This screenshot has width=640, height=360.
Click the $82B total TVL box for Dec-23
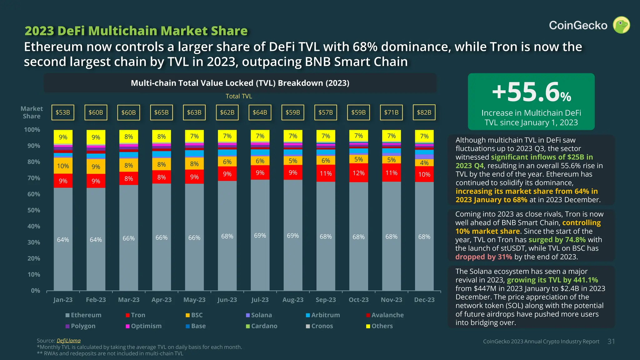[x=424, y=112]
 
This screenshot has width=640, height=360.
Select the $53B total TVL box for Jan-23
[x=63, y=112]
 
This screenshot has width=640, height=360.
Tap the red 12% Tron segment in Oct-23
[x=358, y=173]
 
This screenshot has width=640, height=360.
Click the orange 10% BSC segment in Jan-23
[x=63, y=166]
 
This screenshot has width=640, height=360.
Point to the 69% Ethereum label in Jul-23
[x=260, y=235]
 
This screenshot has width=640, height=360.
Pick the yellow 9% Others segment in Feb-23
[x=96, y=137]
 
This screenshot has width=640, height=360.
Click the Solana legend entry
[x=259, y=315]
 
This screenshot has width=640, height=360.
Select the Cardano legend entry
[x=262, y=326]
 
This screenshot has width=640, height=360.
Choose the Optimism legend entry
[x=144, y=326]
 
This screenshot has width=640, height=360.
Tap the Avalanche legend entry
[x=385, y=315]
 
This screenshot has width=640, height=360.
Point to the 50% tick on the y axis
[x=34, y=210]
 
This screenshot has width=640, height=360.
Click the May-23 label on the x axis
[x=194, y=300]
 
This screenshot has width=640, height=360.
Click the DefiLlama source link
[x=68, y=341]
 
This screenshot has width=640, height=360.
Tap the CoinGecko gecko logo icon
[x=621, y=25]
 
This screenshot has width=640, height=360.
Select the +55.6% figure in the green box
[x=531, y=92]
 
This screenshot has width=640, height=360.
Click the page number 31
[x=611, y=342]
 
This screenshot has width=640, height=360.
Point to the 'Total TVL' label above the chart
[x=239, y=96]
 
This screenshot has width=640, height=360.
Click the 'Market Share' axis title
[x=32, y=112]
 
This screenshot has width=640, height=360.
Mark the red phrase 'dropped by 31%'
[x=484, y=257]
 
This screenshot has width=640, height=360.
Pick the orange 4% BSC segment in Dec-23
[x=424, y=163]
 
